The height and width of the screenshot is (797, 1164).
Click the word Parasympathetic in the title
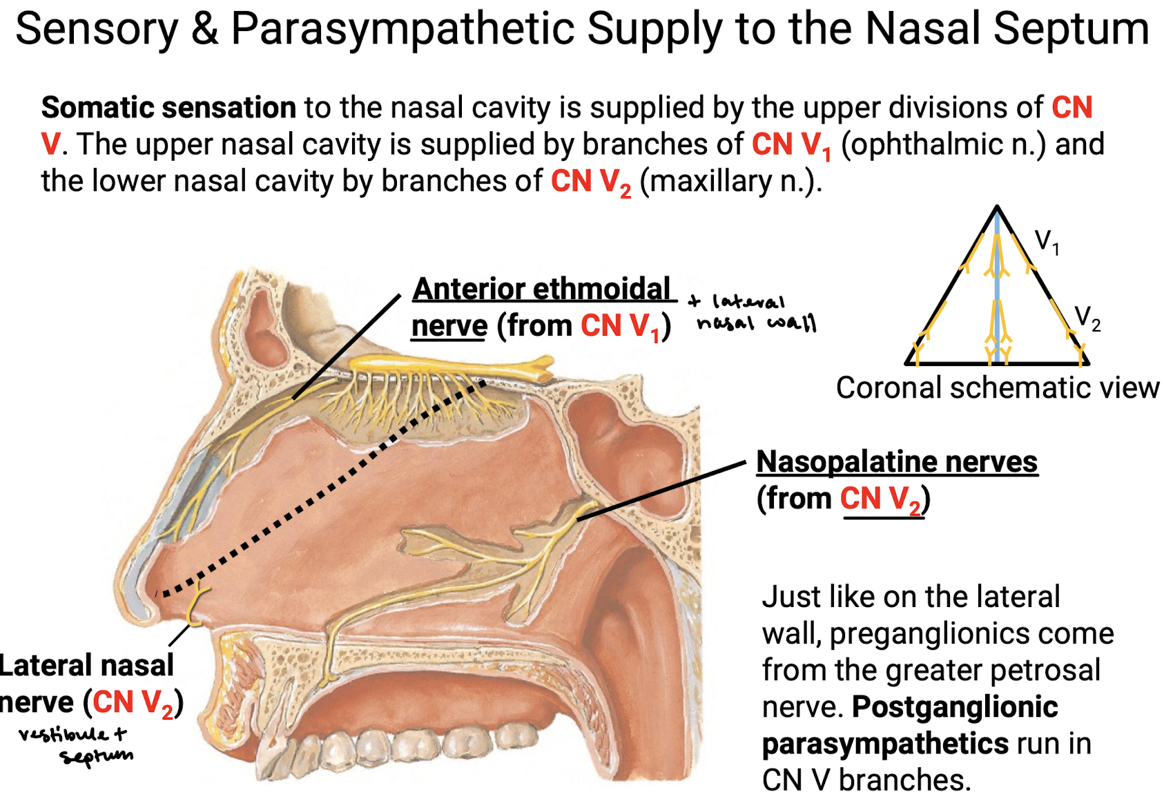[x=402, y=30]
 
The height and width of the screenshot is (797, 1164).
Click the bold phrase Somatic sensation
[x=169, y=107]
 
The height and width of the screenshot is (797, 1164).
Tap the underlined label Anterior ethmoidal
[x=541, y=289]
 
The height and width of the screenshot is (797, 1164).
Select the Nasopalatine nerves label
[x=897, y=461]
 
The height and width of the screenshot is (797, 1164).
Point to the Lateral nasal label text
[x=86, y=666]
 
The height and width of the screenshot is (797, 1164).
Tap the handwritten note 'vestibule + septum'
[x=75, y=745]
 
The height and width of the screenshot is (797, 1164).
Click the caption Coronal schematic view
[x=997, y=388]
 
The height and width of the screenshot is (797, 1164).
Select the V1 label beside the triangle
[x=1046, y=242]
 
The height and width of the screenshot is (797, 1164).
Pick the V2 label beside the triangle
[x=1087, y=318]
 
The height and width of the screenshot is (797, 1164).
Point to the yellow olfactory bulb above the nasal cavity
[x=451, y=367]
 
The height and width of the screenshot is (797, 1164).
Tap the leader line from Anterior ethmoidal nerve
[x=347, y=347]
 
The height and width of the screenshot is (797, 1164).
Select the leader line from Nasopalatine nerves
[x=661, y=490]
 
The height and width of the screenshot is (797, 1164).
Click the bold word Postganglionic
[x=955, y=707]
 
